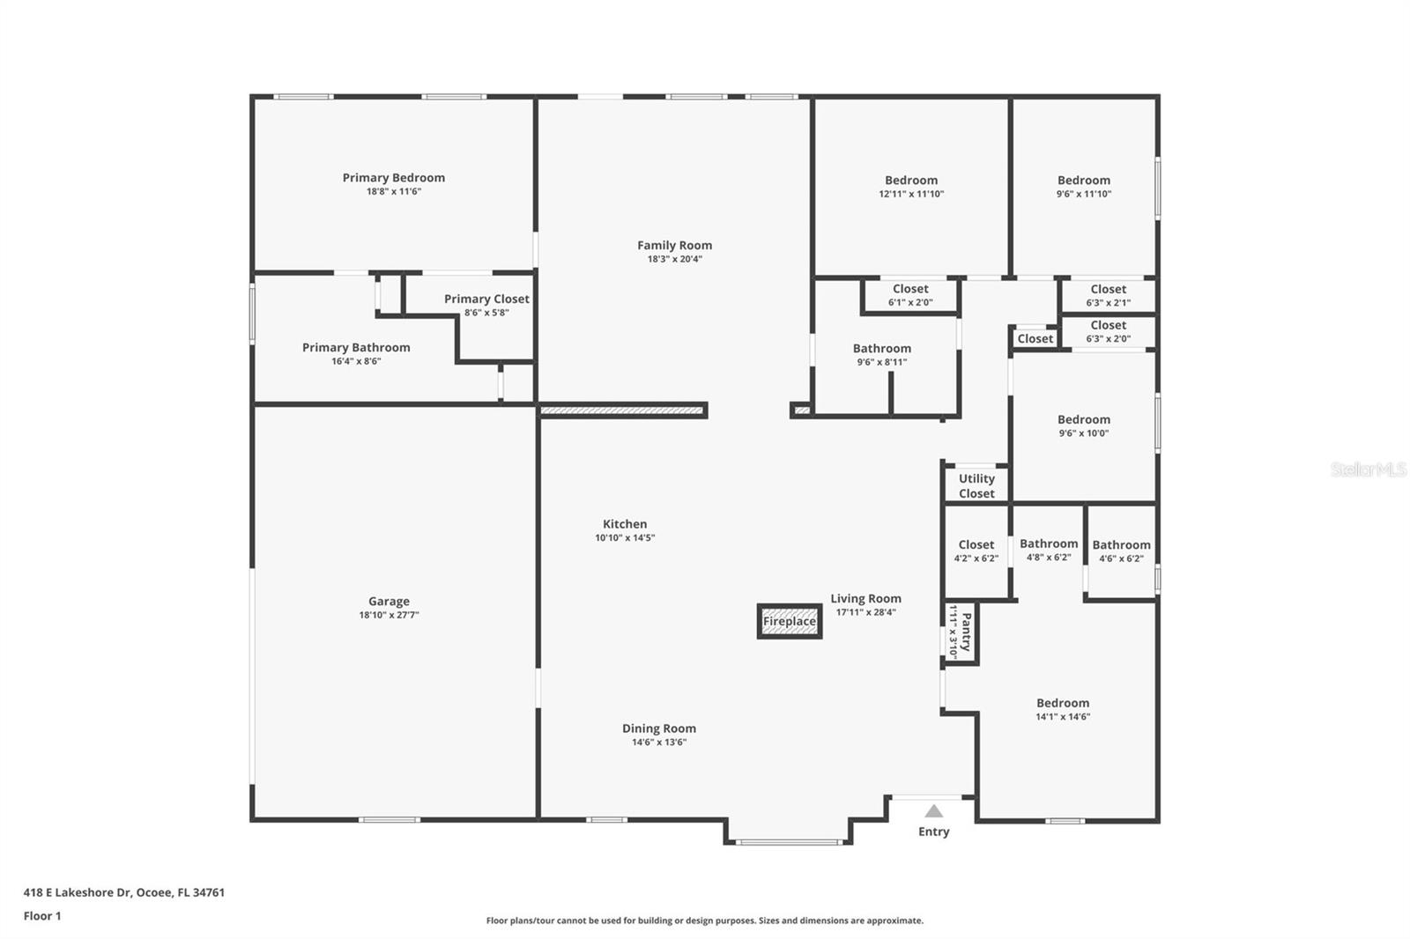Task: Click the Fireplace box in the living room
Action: (789, 621)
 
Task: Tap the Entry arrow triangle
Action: (934, 811)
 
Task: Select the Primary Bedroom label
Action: (393, 178)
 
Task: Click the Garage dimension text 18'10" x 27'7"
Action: (389, 616)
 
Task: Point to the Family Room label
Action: (674, 246)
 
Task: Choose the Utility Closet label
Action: (976, 486)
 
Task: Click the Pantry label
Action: (966, 632)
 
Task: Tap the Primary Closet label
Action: (486, 299)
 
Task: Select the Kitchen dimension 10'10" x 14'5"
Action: (625, 538)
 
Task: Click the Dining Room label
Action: (658, 728)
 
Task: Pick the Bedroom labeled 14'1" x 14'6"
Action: (1063, 704)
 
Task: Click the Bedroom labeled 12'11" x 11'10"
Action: (911, 181)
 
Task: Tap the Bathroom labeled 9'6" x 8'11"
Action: (881, 349)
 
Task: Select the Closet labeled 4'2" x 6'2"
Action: (976, 545)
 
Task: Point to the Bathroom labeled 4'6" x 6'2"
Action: (1121, 545)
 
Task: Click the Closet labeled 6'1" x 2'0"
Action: (910, 289)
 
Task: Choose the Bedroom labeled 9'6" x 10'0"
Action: (1083, 420)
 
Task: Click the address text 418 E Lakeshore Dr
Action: (123, 892)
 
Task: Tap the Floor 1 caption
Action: (42, 916)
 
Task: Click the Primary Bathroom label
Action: (356, 348)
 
